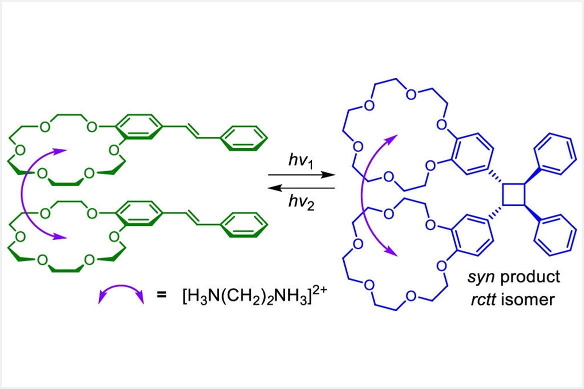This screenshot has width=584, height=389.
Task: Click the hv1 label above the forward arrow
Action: click(301, 161)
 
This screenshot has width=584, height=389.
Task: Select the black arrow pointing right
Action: click(301, 174)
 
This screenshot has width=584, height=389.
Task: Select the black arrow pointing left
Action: click(301, 188)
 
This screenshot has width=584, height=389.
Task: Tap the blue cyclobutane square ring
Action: click(513, 194)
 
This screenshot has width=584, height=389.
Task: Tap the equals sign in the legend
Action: click(161, 295)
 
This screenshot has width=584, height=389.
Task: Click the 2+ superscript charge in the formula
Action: click(319, 288)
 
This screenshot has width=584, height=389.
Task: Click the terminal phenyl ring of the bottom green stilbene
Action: click(244, 224)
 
